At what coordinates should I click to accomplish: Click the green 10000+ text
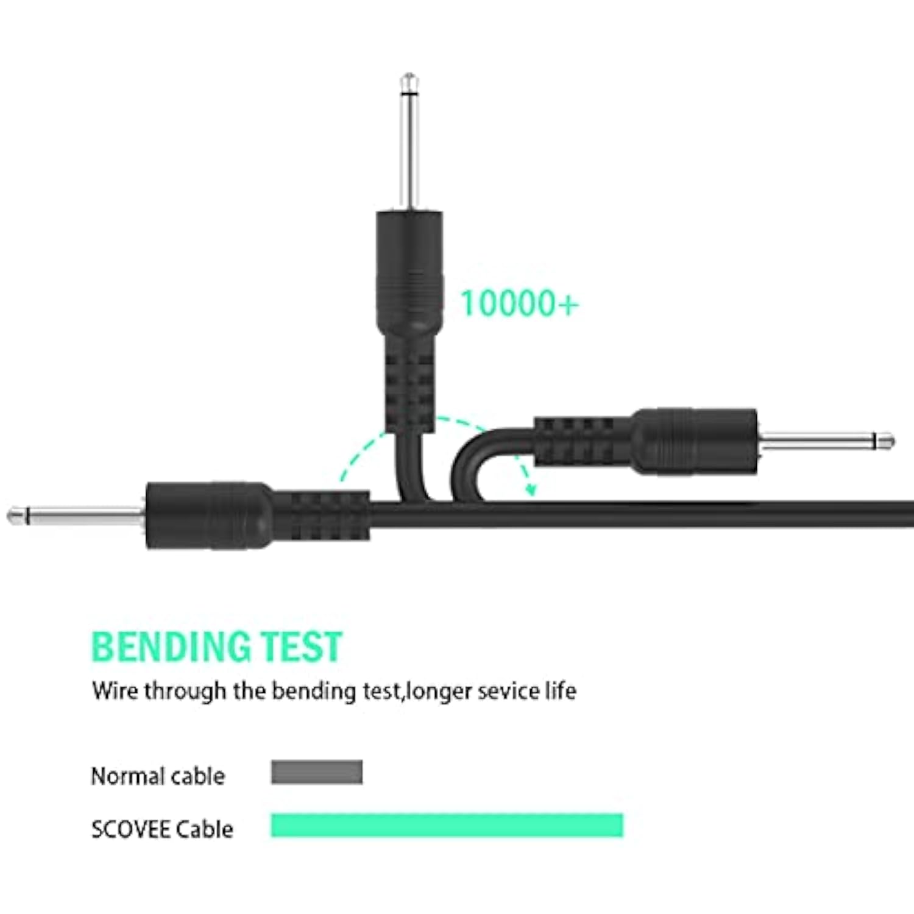pyautogui.click(x=519, y=303)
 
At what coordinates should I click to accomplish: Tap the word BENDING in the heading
pyautogui.click(x=170, y=647)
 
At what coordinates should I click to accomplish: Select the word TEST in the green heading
pyautogui.click(x=301, y=647)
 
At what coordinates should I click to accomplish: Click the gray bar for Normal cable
pyautogui.click(x=317, y=772)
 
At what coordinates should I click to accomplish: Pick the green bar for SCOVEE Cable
pyautogui.click(x=447, y=825)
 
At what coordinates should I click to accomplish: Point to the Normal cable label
pyautogui.click(x=158, y=776)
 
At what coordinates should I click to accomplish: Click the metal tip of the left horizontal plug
pyautogui.click(x=76, y=516)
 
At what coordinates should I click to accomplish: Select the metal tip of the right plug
pyautogui.click(x=826, y=441)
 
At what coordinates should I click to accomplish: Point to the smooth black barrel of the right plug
pyautogui.click(x=695, y=441)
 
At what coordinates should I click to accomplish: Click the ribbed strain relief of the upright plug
pyautogui.click(x=409, y=384)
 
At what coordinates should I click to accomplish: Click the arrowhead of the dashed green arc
pyautogui.click(x=531, y=488)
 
